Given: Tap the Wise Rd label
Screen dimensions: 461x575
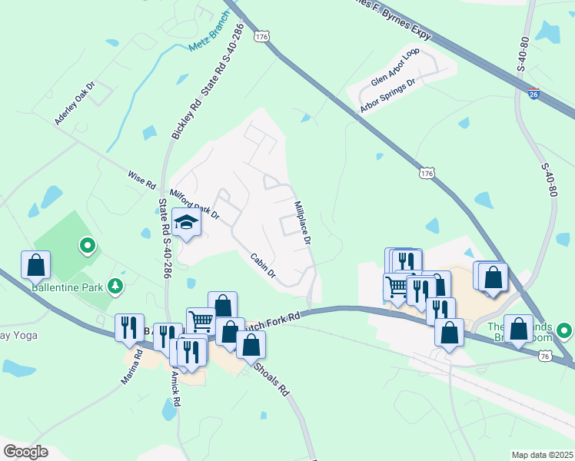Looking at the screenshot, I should [x=141, y=181].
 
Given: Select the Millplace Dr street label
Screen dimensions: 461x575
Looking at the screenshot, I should [x=302, y=224].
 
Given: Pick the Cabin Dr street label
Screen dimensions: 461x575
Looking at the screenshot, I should [x=262, y=266].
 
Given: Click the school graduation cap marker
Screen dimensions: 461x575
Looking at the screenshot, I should [x=186, y=223].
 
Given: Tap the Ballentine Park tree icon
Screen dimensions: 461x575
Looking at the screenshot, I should [x=115, y=286].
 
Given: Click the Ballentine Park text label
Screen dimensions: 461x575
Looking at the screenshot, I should [x=67, y=288].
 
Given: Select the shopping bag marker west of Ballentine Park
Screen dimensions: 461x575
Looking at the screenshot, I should [x=36, y=266].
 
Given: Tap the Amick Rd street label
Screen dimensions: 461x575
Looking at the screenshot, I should [x=175, y=388].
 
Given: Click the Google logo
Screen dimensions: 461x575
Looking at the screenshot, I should [x=25, y=452].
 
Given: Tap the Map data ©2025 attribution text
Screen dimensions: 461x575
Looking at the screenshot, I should [x=541, y=455].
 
